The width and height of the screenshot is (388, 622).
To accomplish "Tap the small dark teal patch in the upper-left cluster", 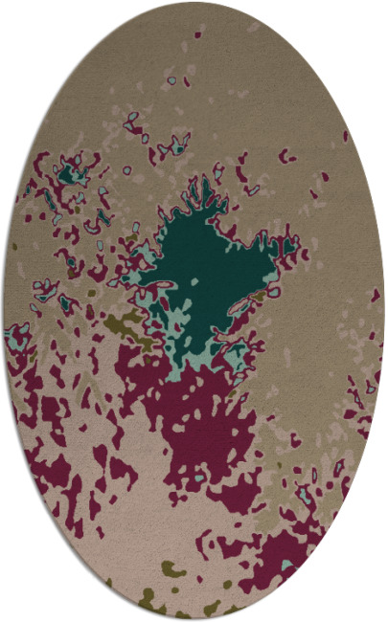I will (68, 175).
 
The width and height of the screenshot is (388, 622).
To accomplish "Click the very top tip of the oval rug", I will (194, 3).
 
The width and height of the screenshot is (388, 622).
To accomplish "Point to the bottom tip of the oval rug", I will (194, 619).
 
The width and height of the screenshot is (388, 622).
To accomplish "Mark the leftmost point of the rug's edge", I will (3, 311).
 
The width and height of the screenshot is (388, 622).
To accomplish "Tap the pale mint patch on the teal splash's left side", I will (144, 258).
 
